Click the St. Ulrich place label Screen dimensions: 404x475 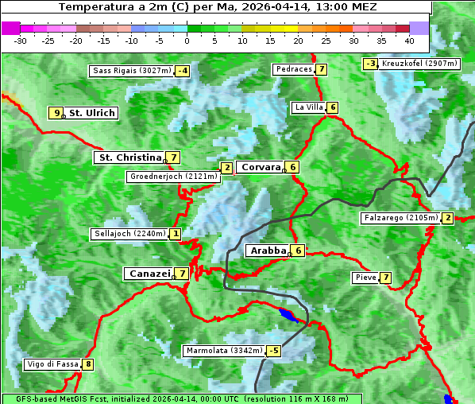pos(92,113)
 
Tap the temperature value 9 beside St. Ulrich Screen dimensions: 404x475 pos(56,113)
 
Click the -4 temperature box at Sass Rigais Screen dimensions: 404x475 pos(183,71)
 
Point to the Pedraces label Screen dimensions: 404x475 pos(293,69)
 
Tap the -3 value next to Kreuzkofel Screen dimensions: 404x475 pos(370,64)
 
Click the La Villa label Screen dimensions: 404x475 pos(308,107)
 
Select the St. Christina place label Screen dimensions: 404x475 pos(129,157)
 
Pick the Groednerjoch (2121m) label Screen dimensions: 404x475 pos(173,177)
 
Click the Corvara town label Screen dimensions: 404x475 pos(261,167)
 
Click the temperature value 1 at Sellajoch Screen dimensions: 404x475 pos(175,234)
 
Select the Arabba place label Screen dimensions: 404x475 pos(268,251)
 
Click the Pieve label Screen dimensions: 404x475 pos(365,278)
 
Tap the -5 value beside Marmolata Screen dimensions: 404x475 pos(274,351)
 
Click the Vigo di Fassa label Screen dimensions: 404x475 pos(52,365)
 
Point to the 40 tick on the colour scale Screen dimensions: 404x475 pos(409,40)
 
